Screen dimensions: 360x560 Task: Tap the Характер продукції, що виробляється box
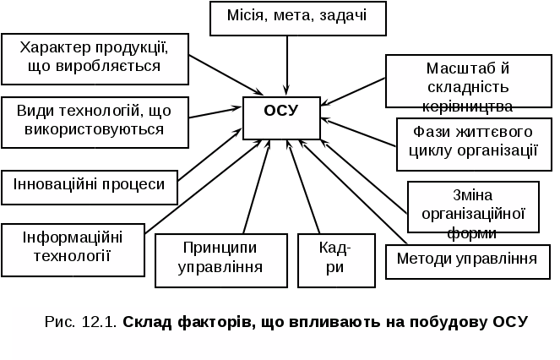point(94,57)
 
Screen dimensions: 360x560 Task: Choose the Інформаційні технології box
point(72,246)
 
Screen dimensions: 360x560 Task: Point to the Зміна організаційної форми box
point(473,206)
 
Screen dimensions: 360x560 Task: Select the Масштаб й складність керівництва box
point(466,85)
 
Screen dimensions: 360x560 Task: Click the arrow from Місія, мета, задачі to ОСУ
point(287,63)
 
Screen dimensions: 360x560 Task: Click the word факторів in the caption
point(213,321)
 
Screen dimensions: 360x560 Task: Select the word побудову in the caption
point(449,321)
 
